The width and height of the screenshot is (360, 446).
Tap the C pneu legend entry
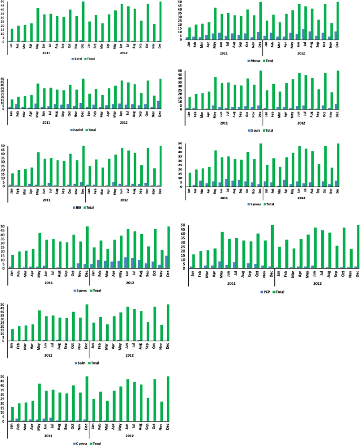pos(80,443)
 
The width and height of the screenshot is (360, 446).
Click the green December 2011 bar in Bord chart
pos(83,22)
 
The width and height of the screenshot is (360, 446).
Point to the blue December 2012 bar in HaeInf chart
pos(159,105)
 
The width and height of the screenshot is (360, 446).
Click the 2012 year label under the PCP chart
pos(317,283)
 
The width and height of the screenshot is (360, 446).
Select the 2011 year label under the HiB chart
pos(47,200)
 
